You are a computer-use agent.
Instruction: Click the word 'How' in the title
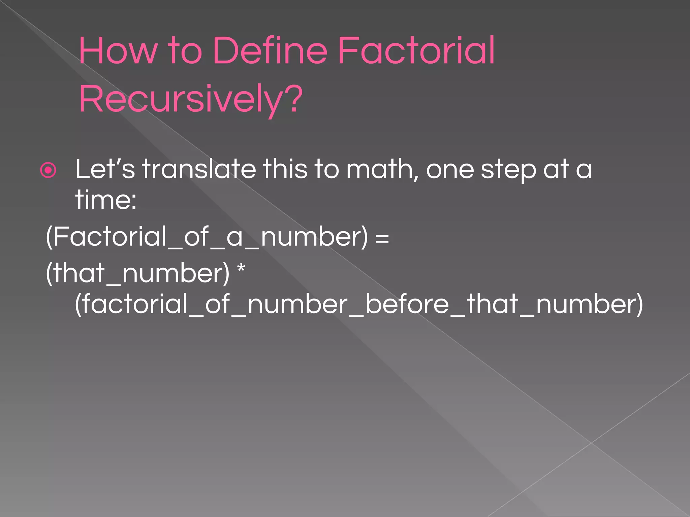[118, 51]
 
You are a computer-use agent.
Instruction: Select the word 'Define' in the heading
[270, 51]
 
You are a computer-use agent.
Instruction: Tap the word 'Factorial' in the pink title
[416, 51]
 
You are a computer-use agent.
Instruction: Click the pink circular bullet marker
[48, 170]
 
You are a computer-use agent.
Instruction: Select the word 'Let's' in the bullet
[105, 169]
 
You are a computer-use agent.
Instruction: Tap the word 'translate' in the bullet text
[199, 169]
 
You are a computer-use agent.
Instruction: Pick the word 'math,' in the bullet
[382, 170]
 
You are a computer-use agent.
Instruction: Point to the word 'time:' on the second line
[106, 200]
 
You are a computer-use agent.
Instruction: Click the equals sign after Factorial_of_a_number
[382, 238]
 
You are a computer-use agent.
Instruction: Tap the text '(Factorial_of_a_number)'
[207, 237]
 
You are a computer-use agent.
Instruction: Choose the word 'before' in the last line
[407, 304]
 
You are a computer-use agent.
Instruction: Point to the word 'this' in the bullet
[285, 169]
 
